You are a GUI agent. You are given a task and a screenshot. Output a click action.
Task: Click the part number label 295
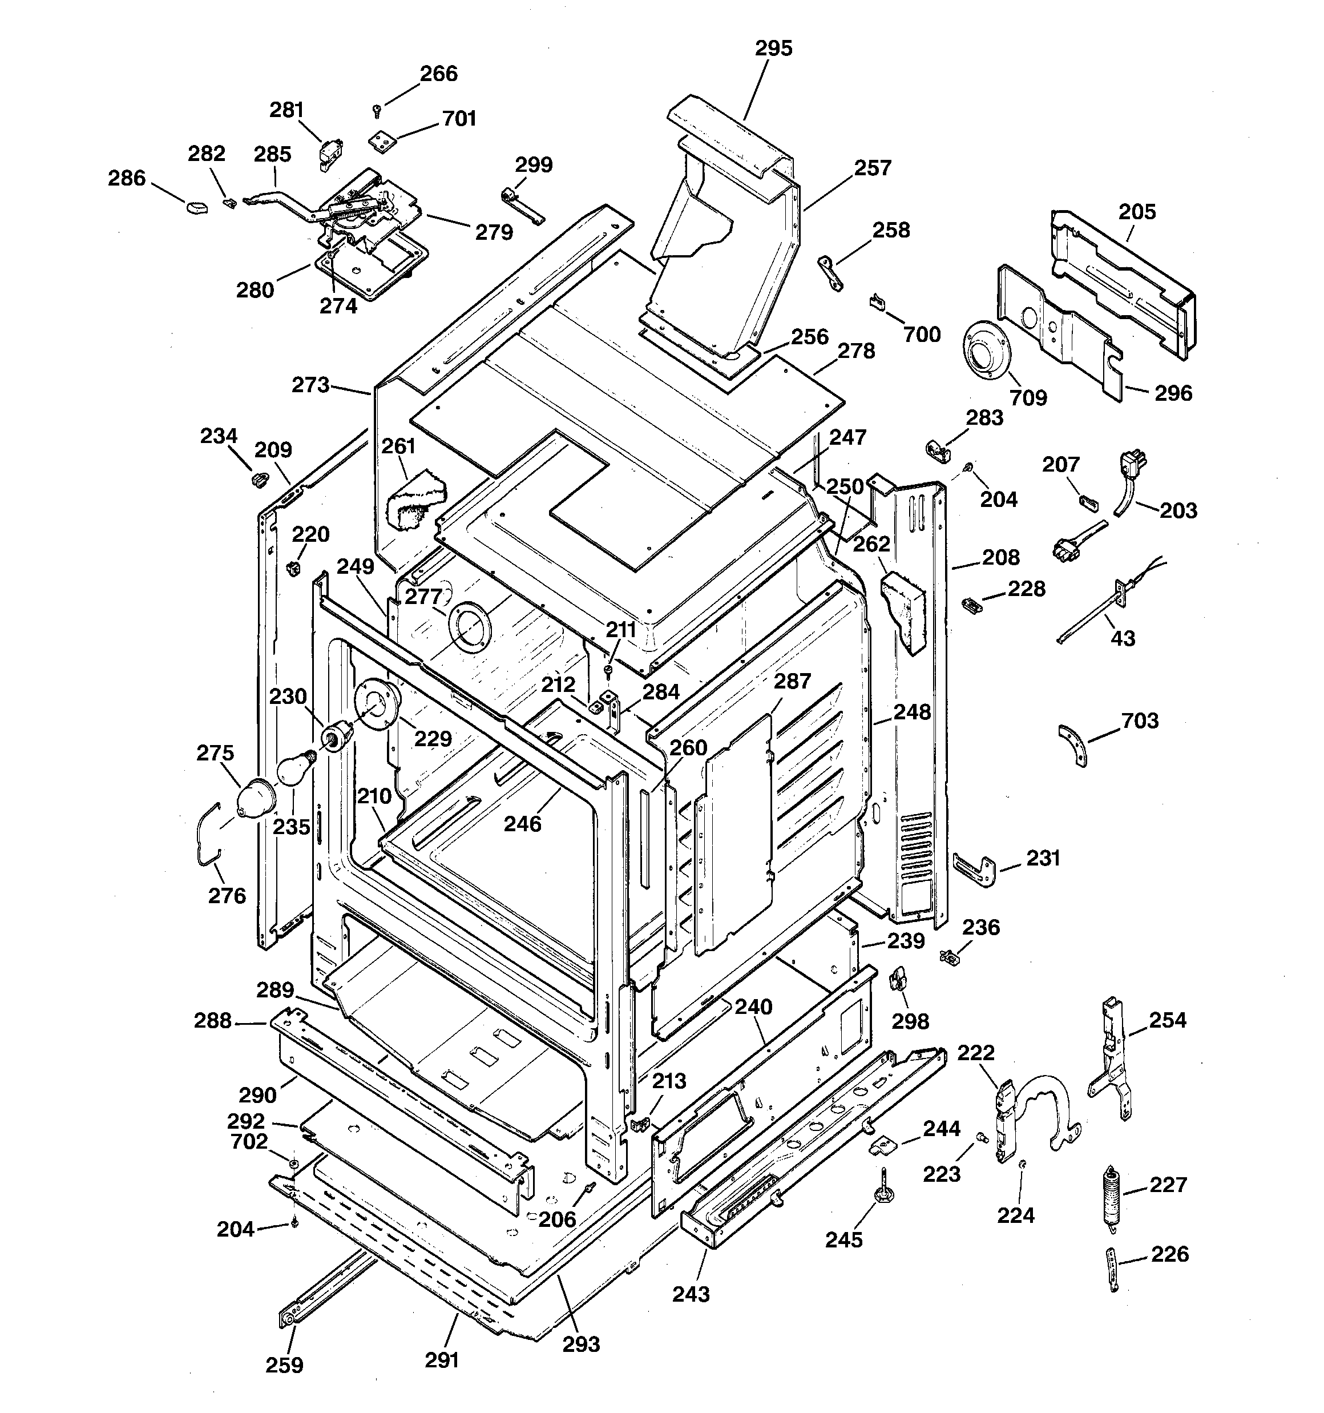(x=773, y=49)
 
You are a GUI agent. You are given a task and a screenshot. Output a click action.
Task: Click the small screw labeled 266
(x=377, y=110)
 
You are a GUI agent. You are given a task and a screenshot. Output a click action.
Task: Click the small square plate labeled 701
(x=382, y=141)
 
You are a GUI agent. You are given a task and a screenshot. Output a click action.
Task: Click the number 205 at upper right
(x=1137, y=211)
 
